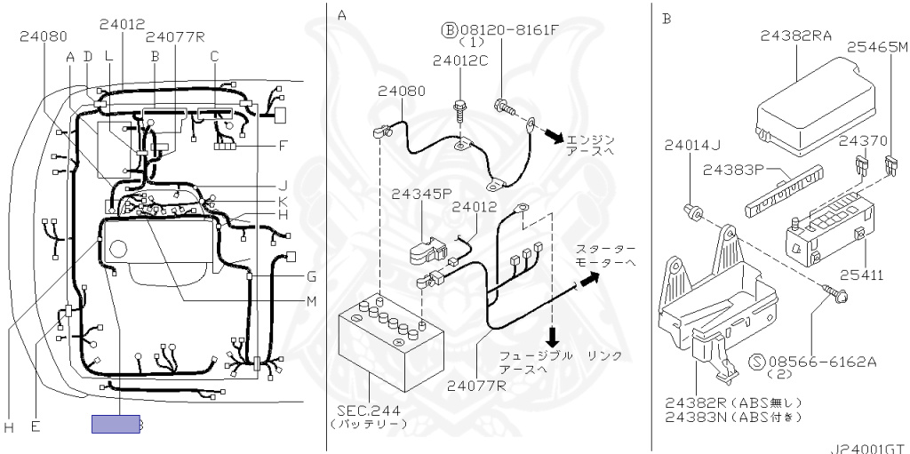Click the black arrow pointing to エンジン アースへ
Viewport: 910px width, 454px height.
(x=554, y=136)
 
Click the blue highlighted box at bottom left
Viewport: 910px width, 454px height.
(x=115, y=425)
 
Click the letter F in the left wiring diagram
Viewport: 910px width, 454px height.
(x=283, y=145)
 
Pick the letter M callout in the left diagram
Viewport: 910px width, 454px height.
(x=311, y=300)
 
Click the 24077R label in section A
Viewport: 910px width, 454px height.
(x=476, y=385)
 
